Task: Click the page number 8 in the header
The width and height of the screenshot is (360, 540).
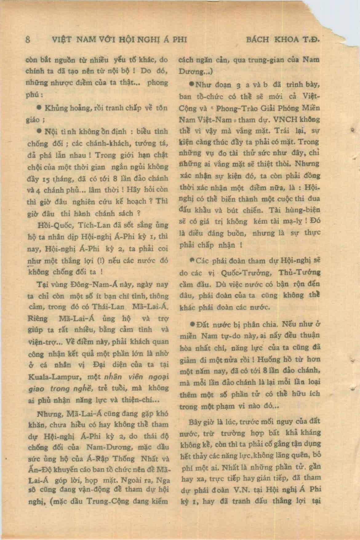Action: (28, 40)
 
